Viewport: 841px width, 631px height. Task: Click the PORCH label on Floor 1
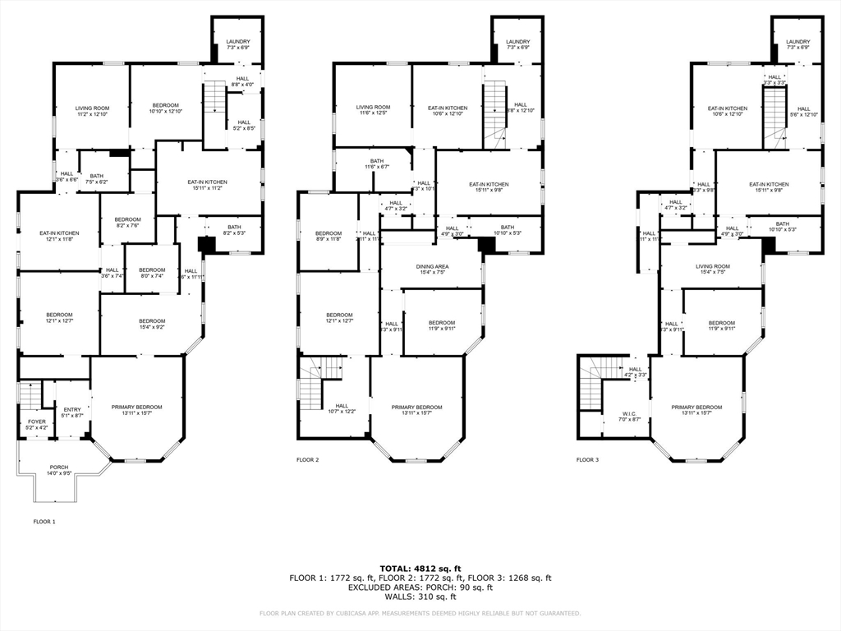pyautogui.click(x=58, y=467)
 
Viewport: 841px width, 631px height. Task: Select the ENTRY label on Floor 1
pyautogui.click(x=72, y=410)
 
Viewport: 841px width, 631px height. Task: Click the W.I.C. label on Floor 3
pyautogui.click(x=628, y=414)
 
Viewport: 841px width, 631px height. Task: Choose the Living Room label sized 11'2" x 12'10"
pyautogui.click(x=92, y=108)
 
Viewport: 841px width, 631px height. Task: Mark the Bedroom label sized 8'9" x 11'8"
pyautogui.click(x=327, y=236)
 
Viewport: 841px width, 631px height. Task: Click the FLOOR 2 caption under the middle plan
pyautogui.click(x=308, y=460)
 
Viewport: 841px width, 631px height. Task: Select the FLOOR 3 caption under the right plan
pyautogui.click(x=587, y=460)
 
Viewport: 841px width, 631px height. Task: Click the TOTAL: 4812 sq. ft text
pyautogui.click(x=420, y=568)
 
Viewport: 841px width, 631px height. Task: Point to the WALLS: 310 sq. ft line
pyautogui.click(x=420, y=596)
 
